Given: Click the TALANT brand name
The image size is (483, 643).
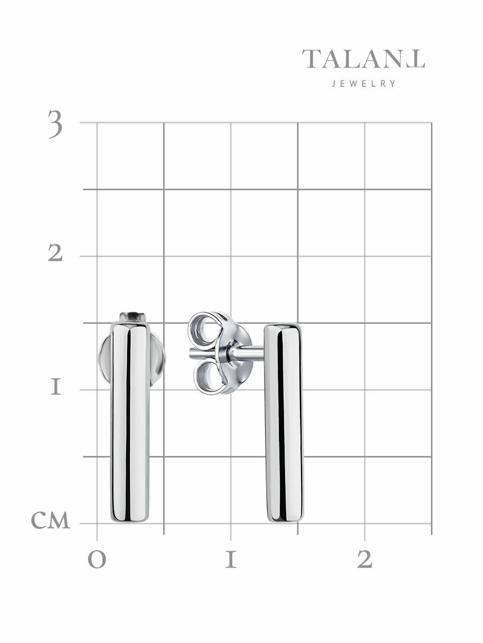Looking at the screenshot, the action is point(363,59).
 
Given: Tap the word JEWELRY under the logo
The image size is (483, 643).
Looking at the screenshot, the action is point(364,84).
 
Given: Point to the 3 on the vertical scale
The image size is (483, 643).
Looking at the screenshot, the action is point(55,124).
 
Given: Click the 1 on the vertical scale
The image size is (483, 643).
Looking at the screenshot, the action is point(56,386).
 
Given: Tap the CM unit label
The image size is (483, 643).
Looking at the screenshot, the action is point(50,520).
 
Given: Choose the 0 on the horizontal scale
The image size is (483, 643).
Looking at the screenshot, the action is point(97,560).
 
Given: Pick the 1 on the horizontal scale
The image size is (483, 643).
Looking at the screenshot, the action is point(231,559).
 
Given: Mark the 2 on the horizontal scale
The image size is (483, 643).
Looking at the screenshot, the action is point(365,559).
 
